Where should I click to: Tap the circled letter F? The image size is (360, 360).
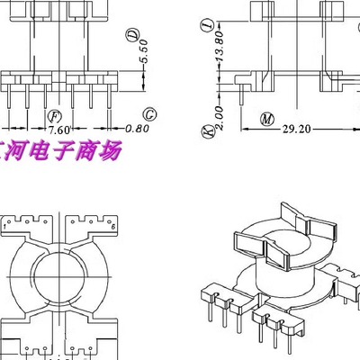point(54,116)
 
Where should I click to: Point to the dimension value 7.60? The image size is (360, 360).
point(59,130)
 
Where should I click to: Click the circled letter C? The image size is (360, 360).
point(149,114)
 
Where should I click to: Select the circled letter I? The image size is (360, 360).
point(210,24)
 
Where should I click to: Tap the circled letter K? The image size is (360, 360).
point(210,133)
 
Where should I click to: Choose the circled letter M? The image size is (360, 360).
point(266,118)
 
